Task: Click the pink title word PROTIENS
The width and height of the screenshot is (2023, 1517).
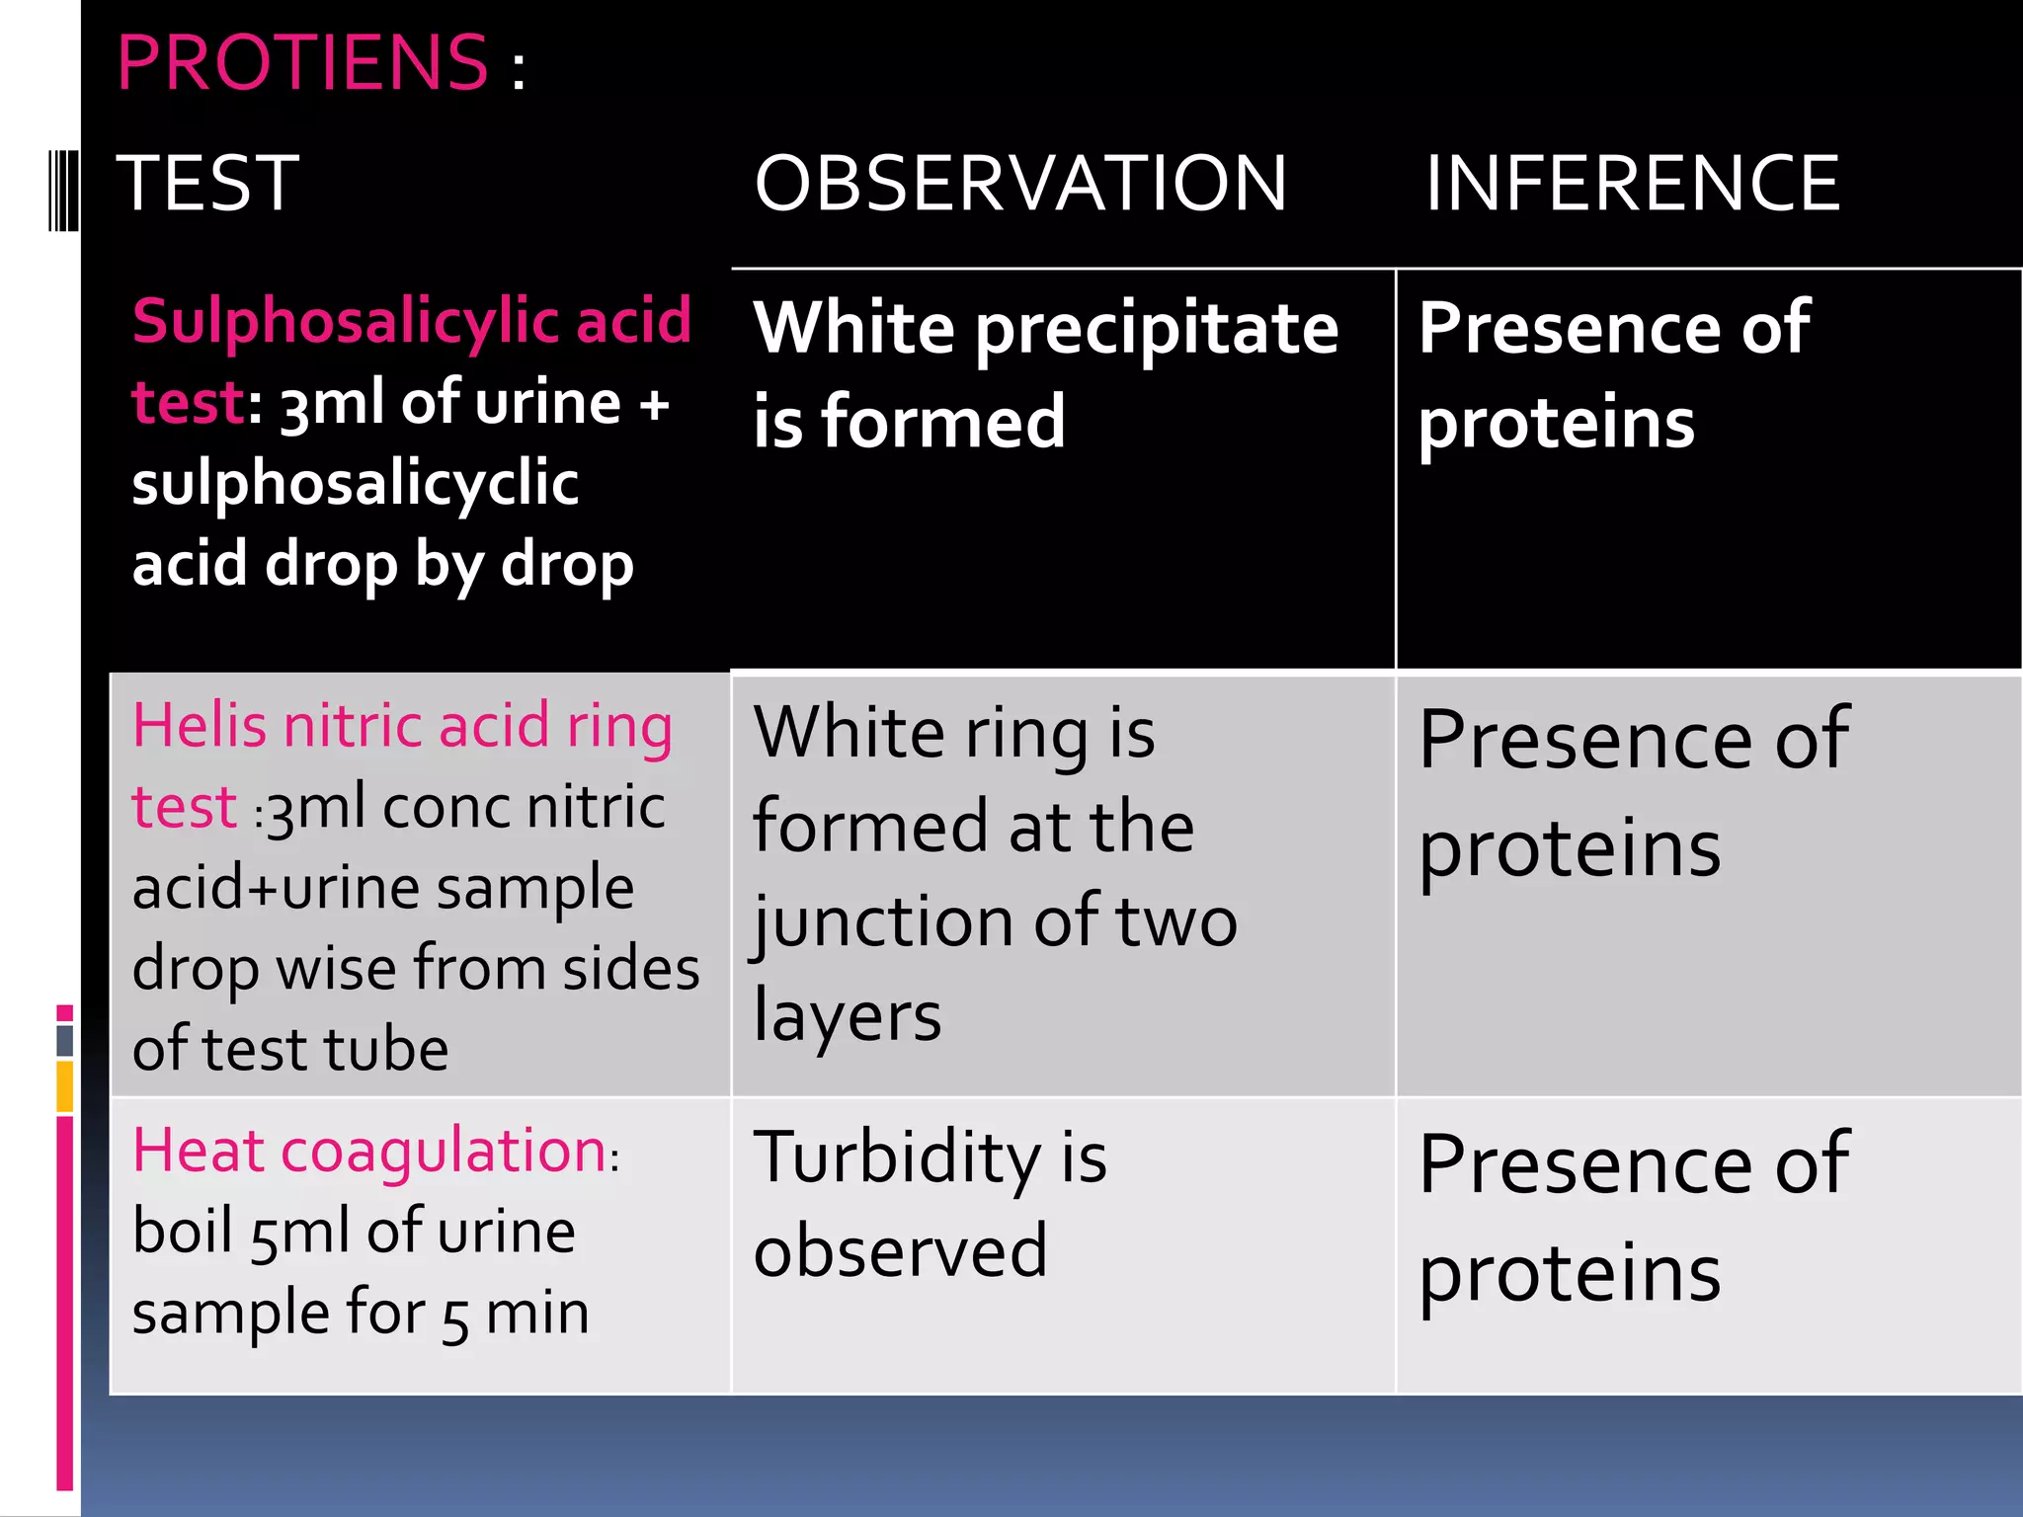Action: click(x=301, y=63)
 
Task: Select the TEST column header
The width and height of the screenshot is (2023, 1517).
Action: click(x=207, y=184)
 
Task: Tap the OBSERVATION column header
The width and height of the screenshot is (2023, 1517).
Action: click(x=1020, y=184)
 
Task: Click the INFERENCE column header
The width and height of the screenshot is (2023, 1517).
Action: click(x=1632, y=184)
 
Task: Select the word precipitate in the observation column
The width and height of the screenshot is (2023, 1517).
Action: click(x=1157, y=331)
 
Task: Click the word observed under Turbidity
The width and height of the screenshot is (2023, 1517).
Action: click(x=900, y=1251)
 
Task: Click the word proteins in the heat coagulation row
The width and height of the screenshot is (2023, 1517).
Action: click(x=1570, y=1273)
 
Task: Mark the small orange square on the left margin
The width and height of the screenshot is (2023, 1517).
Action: click(x=65, y=1085)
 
